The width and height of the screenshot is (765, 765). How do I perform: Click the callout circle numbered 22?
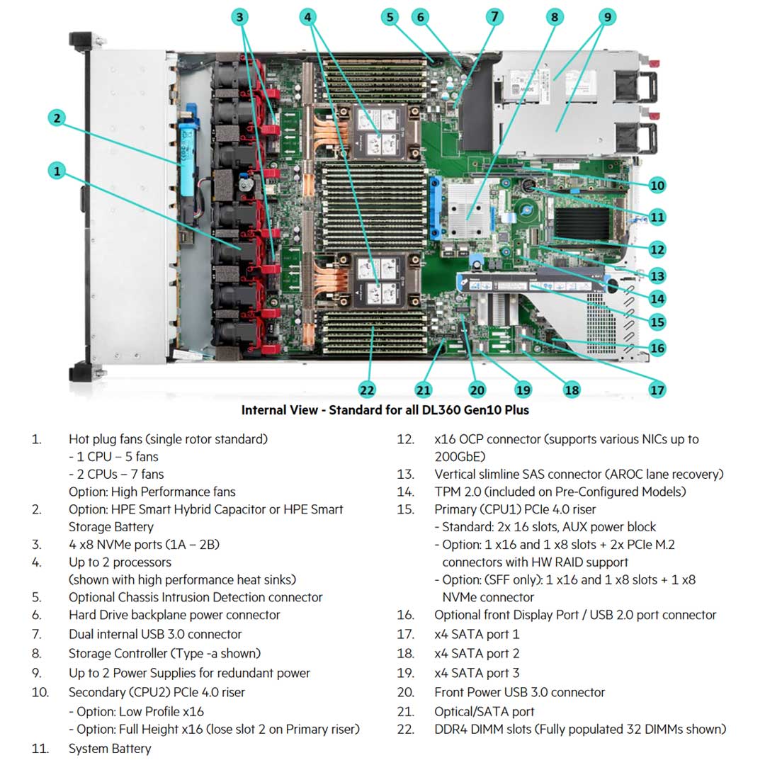pyautogui.click(x=367, y=389)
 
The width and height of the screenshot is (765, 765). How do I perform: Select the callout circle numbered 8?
pyautogui.click(x=554, y=17)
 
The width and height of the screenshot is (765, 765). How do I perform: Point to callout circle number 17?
pyautogui.click(x=657, y=389)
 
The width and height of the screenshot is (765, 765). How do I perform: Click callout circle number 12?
pyautogui.click(x=657, y=249)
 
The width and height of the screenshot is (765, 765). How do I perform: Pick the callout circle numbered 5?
pyautogui.click(x=388, y=17)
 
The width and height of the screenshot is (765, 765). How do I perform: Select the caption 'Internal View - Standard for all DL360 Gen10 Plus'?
pyautogui.click(x=385, y=410)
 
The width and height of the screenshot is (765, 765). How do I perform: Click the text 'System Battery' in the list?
pyautogui.click(x=110, y=748)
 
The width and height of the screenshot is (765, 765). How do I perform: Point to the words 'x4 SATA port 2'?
pyautogui.click(x=477, y=653)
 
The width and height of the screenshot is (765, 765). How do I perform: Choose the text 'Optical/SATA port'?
pyautogui.click(x=484, y=711)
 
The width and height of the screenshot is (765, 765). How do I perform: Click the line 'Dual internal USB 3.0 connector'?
pyautogui.click(x=155, y=634)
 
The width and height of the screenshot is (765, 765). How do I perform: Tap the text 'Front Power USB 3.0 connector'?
pyautogui.click(x=519, y=692)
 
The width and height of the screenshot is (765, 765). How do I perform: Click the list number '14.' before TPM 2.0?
pyautogui.click(x=405, y=492)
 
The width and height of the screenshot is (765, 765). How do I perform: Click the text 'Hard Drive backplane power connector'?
pyautogui.click(x=174, y=615)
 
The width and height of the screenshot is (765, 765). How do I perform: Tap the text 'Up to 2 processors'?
pyautogui.click(x=120, y=562)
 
